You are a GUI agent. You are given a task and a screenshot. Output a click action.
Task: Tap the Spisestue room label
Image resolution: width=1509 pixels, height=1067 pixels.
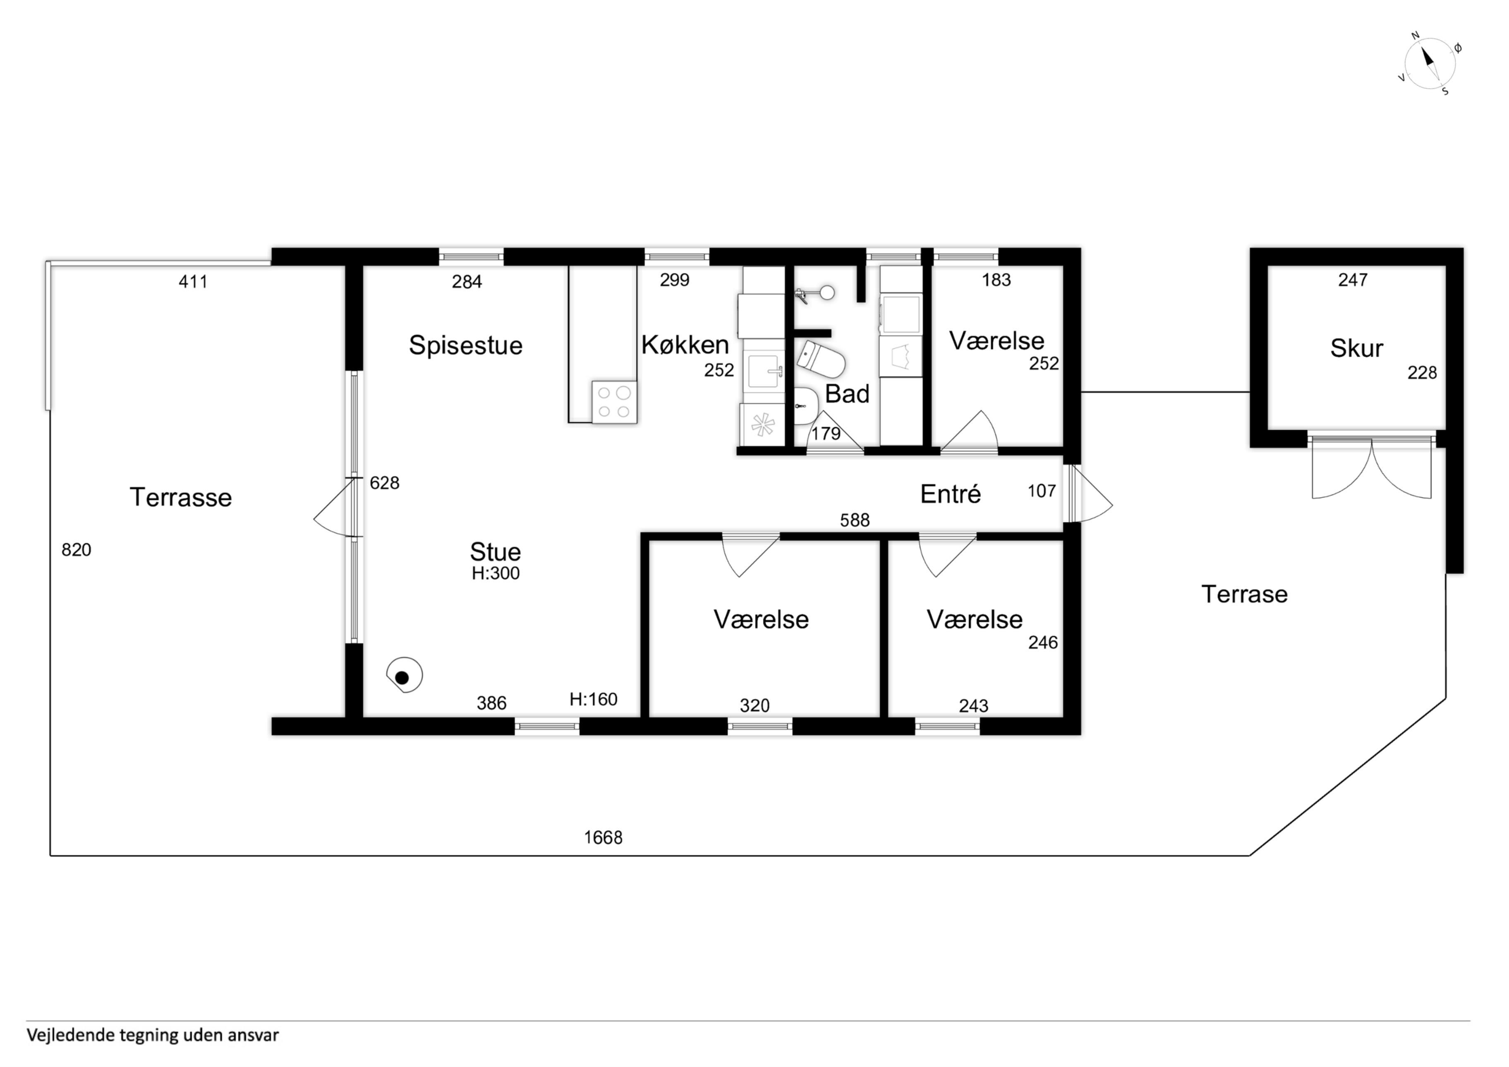pos(465,345)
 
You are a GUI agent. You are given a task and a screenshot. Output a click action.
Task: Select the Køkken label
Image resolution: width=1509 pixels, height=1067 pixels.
pos(685,345)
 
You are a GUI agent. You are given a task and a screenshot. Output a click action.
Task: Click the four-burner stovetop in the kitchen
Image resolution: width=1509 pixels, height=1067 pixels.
pos(614,402)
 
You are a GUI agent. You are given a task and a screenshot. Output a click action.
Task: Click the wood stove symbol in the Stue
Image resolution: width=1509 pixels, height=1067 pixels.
pos(404,675)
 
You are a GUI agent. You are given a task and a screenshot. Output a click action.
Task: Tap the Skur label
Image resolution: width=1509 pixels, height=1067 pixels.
pos(1356,348)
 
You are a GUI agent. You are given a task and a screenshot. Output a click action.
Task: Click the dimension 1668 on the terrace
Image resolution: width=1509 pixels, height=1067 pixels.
pos(603,837)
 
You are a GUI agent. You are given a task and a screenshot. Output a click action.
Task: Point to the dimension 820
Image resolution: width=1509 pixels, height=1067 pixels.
pos(76,549)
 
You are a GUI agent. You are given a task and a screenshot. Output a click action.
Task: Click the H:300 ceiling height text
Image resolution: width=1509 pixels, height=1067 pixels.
pos(496,573)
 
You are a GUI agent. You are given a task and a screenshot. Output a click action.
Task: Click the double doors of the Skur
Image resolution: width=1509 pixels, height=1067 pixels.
pos(1371,467)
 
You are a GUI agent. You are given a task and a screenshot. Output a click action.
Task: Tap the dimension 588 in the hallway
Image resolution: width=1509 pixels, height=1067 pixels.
pos(855,520)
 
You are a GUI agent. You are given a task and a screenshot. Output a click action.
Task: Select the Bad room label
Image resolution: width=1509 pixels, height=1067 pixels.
pos(847,394)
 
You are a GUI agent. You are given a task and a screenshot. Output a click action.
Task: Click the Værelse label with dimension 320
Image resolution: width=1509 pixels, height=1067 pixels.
pos(761,619)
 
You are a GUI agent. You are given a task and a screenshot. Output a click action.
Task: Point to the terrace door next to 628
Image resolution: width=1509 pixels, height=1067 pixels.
pos(336,507)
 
